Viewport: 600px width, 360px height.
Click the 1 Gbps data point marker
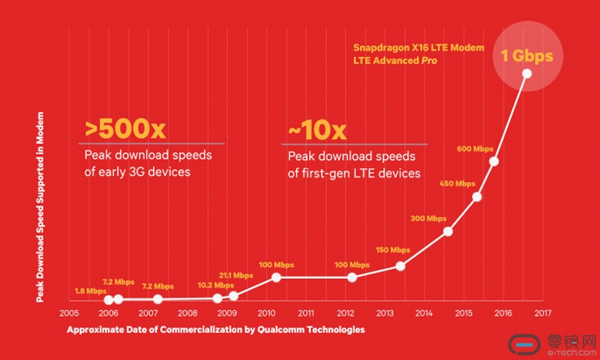point(526,73)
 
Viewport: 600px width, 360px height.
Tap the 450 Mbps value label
point(457,184)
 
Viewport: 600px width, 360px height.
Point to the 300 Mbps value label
point(428,219)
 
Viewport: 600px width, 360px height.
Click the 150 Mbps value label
point(392,250)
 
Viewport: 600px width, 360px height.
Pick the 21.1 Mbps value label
point(236,275)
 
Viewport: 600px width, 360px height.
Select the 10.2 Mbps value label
point(214,285)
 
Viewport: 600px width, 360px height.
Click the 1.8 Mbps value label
point(90,291)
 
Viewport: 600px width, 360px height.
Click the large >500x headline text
point(125,130)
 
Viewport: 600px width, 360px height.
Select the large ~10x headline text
point(316,130)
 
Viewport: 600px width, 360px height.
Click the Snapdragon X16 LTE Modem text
point(419,48)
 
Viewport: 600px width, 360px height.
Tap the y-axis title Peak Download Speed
point(41,206)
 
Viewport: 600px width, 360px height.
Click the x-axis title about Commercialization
point(216,330)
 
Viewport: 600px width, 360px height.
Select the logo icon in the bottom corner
point(525,344)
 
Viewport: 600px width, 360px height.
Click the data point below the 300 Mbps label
point(448,231)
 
